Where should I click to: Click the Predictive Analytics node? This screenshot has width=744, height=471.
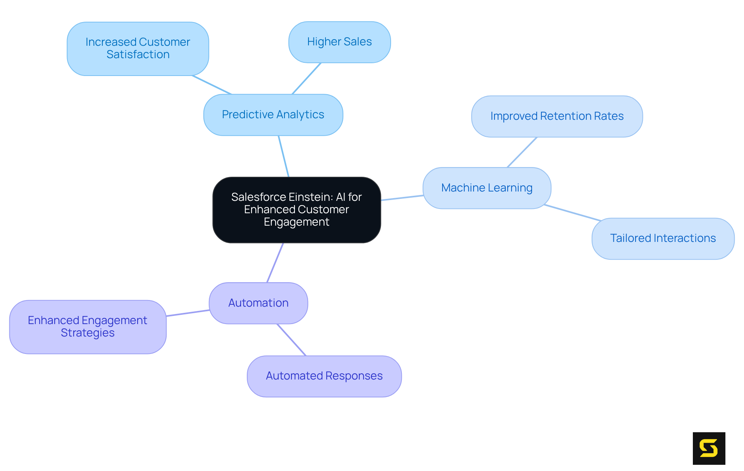tap(273, 115)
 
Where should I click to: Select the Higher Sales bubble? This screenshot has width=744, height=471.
tap(339, 42)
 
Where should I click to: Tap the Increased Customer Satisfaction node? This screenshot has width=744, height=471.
tap(138, 48)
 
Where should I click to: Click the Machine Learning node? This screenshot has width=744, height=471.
tap(487, 188)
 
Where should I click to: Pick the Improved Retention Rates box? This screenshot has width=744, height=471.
tap(557, 116)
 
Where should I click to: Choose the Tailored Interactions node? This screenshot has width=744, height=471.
tap(663, 238)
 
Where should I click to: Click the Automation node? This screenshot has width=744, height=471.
tap(258, 303)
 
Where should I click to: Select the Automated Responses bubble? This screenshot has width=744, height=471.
tap(324, 376)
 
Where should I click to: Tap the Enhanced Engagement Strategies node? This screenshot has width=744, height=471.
tap(88, 326)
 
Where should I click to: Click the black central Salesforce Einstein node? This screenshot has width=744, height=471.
tap(296, 210)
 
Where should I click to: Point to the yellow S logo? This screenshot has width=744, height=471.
tap(709, 448)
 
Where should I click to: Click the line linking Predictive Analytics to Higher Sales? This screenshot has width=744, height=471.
tap(307, 78)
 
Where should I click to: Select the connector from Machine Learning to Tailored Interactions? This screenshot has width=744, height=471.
tap(572, 213)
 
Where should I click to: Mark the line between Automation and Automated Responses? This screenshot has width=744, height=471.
tap(291, 340)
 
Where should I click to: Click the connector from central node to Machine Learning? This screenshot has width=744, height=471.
tap(402, 198)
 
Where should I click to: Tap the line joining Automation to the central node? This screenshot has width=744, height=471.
tap(275, 262)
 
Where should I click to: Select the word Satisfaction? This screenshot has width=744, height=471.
tap(138, 55)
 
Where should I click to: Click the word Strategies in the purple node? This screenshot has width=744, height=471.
tap(88, 333)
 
